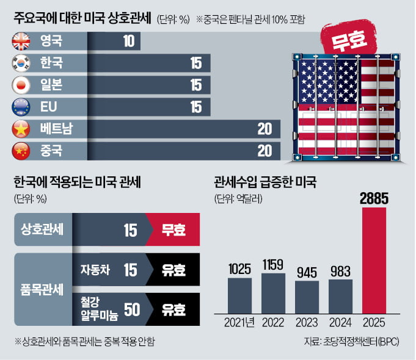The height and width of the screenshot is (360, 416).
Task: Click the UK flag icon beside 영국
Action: pos(20,41)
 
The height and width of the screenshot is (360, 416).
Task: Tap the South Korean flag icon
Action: pos(20,63)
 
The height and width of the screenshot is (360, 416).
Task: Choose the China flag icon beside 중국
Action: pos(20,150)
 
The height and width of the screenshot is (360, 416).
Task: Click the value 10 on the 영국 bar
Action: pos(128,41)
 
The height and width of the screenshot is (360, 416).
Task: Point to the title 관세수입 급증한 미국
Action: pos(265,182)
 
